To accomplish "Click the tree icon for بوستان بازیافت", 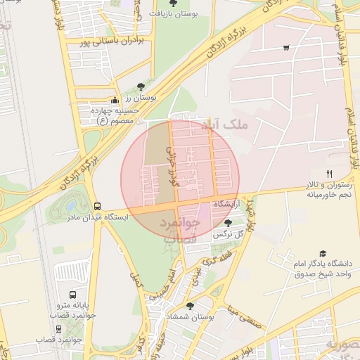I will coord(174,5).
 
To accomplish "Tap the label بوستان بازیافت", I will coord(174,15).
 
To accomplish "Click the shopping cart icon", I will coord(286,48).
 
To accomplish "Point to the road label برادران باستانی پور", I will coord(117,41).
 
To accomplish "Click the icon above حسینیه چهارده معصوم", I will coord(115,100).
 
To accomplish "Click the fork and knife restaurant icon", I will coord(328,173).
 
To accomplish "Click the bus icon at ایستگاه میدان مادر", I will coord(97,205).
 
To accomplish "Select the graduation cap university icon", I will coord(323,253).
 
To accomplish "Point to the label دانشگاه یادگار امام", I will coord(323,265).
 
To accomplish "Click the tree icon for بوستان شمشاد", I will coord(190,305).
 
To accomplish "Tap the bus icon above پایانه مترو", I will coord(73,296).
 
